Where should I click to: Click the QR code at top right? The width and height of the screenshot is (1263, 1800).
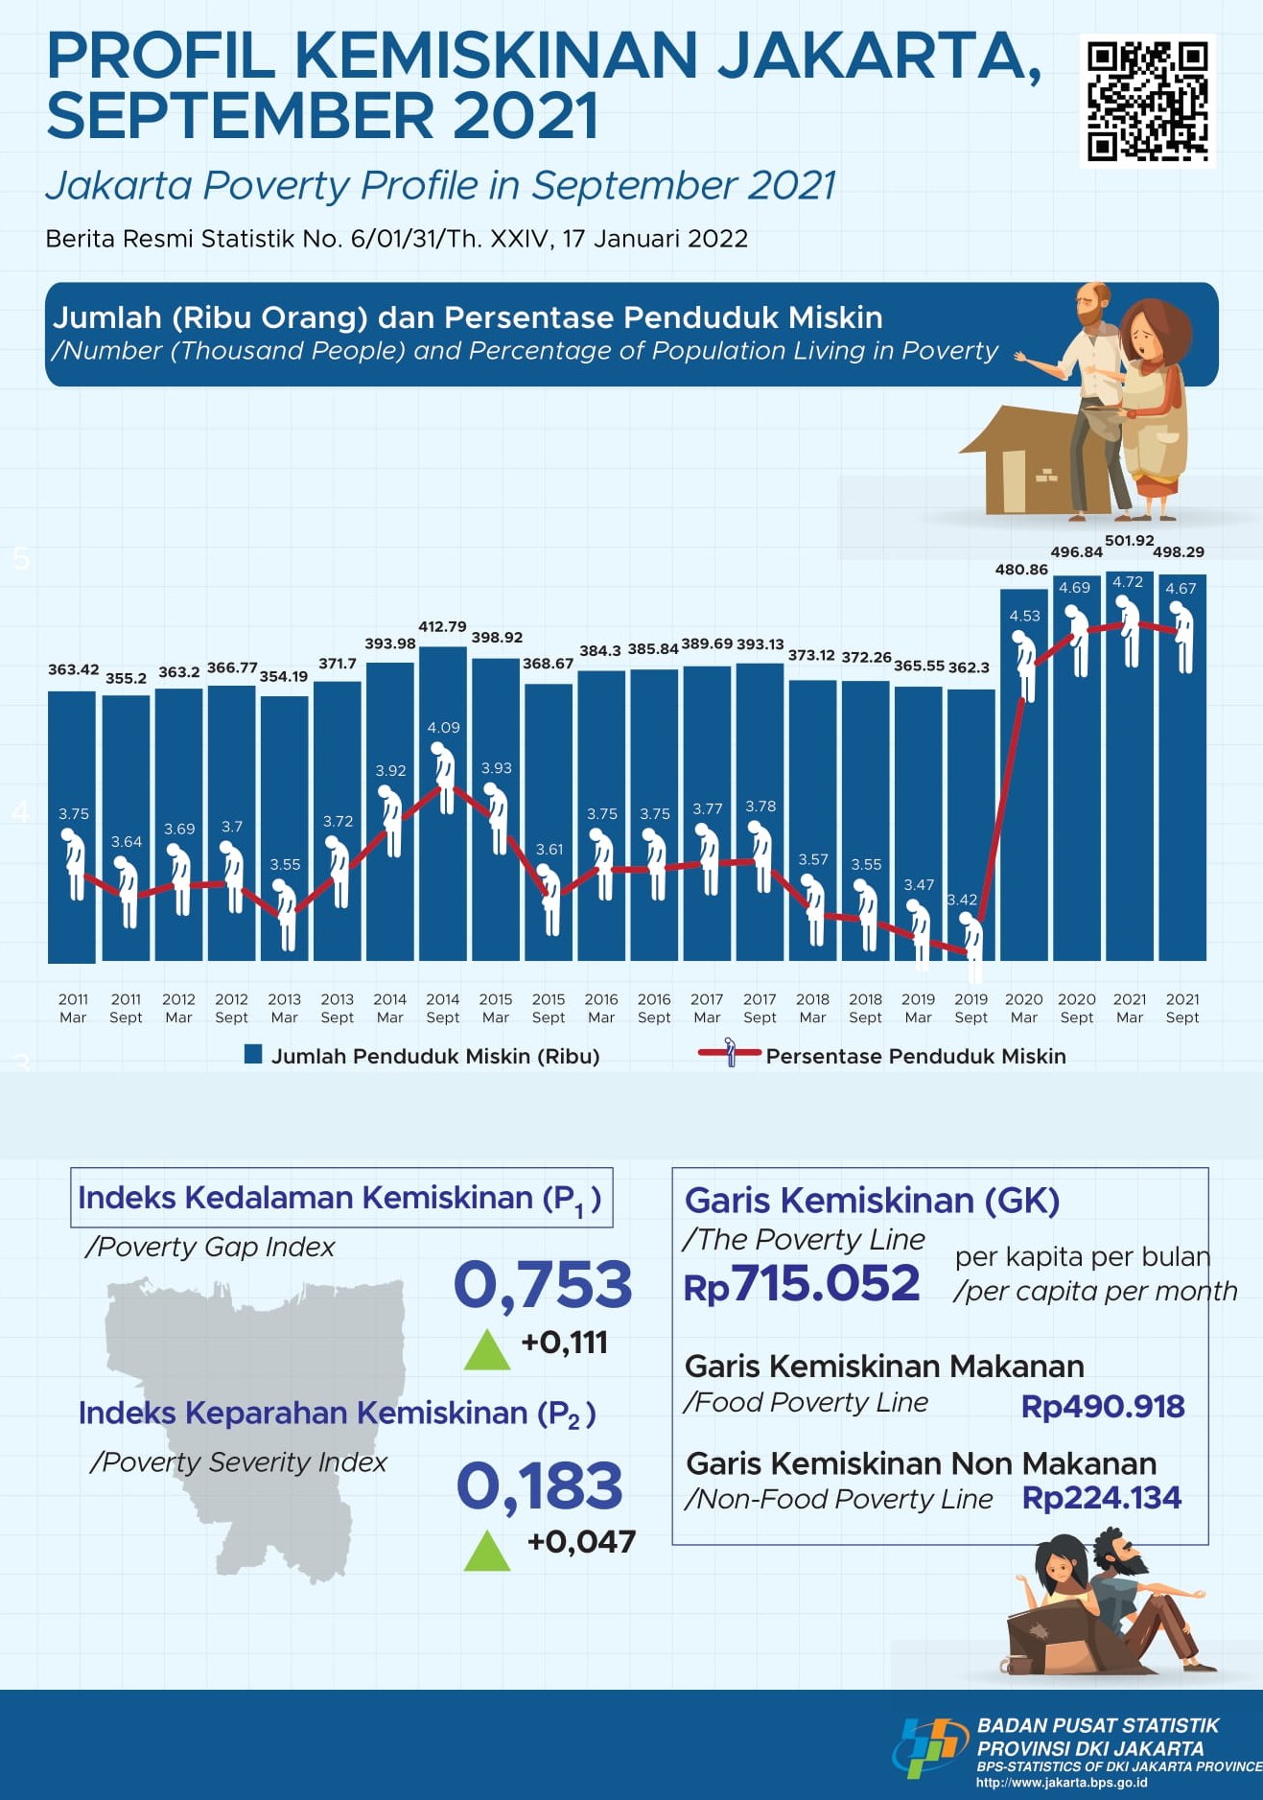pos(1147,101)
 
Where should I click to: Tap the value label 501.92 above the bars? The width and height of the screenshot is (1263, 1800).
pos(1129,541)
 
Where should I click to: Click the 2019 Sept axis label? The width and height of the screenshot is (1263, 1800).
pos(971,1008)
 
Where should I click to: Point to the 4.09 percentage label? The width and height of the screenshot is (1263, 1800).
pos(443,728)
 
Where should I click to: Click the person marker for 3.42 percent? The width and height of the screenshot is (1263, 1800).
pos(973,945)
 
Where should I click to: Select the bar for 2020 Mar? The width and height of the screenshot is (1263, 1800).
pos(1023,815)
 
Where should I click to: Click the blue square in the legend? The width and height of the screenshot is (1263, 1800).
pos(253,1055)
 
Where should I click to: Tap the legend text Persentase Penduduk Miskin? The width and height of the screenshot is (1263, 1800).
pos(915,1056)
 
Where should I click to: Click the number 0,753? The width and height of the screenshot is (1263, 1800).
pos(542,1284)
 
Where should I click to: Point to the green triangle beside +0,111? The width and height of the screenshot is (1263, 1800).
pos(487,1349)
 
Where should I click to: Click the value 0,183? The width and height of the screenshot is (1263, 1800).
pos(540,1485)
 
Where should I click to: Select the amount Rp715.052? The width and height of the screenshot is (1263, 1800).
pos(802,1284)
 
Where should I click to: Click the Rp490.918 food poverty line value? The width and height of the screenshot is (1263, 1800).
pos(1102,1407)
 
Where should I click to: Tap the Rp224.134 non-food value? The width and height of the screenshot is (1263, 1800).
pos(1101,1498)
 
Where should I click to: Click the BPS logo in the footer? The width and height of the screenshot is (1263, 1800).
pos(928,1748)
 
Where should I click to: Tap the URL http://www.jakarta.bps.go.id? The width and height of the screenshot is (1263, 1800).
pos(1061,1783)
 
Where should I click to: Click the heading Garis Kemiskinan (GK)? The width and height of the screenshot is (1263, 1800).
pos(872,1201)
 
